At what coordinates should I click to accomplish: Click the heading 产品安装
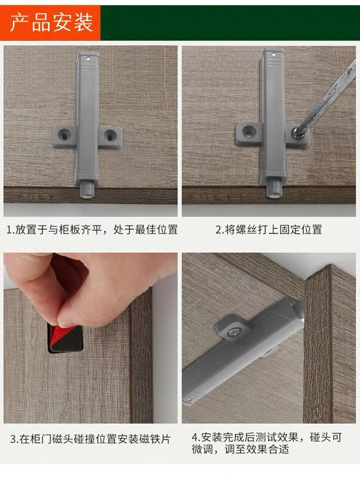tap(51, 23)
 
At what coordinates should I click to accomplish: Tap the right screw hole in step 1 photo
tap(109, 135)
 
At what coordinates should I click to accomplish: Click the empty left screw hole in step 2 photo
tap(248, 131)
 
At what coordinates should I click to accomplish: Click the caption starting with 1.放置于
tap(92, 229)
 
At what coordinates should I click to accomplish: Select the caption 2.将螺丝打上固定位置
tap(268, 229)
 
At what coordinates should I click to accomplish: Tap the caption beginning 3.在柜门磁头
tap(90, 439)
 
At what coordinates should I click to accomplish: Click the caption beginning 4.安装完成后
tap(266, 443)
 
